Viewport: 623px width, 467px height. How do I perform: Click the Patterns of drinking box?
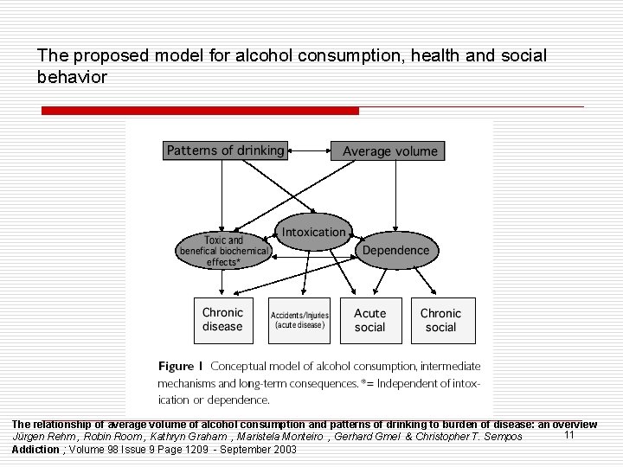(x=225, y=150)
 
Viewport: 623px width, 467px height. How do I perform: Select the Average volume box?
(x=390, y=150)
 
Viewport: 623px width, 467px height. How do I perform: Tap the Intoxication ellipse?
(x=313, y=232)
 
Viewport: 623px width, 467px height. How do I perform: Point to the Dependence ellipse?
(x=395, y=250)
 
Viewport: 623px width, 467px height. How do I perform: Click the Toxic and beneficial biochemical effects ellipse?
(x=223, y=250)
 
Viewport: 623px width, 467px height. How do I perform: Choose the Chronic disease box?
(x=222, y=319)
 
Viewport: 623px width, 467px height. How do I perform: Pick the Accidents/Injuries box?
(x=299, y=320)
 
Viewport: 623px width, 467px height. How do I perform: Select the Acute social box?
(x=369, y=319)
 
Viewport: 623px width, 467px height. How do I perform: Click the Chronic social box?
(x=440, y=319)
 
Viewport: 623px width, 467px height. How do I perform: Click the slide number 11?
(x=569, y=435)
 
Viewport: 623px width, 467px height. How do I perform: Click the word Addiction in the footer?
(x=35, y=450)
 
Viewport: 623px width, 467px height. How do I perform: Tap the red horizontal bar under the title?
(x=200, y=111)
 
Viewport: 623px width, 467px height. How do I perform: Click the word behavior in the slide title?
(x=73, y=77)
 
